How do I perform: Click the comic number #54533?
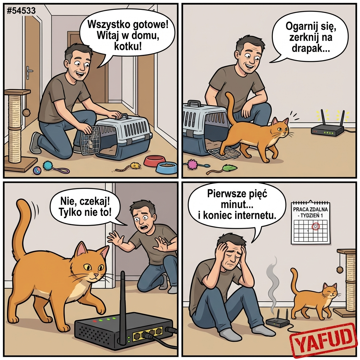tap(21, 11)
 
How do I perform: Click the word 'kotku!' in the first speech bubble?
tap(128, 47)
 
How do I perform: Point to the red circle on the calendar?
tap(315, 226)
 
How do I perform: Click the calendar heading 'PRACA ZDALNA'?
tap(310, 210)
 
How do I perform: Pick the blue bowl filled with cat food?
tap(166, 168)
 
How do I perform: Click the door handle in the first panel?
tap(29, 72)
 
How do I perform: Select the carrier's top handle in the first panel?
tap(120, 117)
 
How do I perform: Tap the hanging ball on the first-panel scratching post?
tap(26, 112)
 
